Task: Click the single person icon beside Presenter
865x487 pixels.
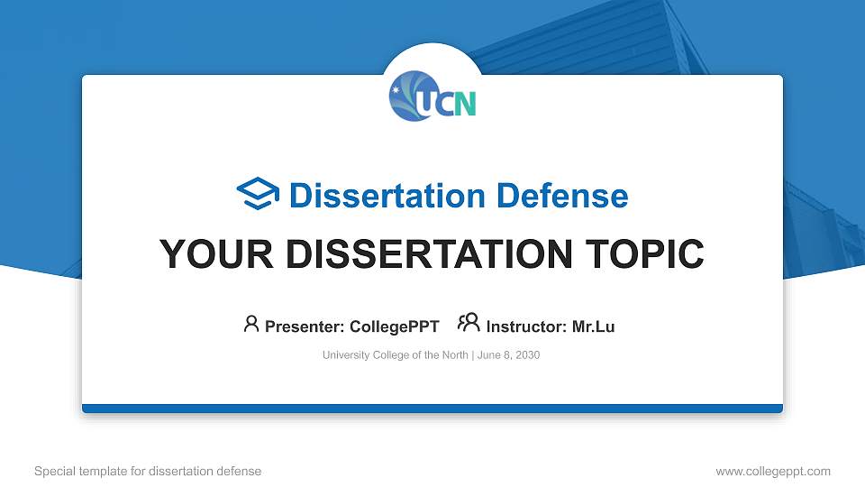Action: [251, 324]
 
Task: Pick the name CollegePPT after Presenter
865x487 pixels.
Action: [394, 326]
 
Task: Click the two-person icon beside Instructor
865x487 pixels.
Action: [469, 324]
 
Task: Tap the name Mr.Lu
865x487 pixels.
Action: [594, 326]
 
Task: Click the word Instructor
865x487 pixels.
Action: [525, 326]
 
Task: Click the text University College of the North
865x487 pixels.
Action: [395, 355]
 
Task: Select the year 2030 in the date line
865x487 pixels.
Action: [526, 355]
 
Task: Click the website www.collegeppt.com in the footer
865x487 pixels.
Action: [773, 471]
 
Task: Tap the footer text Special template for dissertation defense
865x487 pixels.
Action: [148, 471]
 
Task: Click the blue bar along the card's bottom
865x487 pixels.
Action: [432, 409]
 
